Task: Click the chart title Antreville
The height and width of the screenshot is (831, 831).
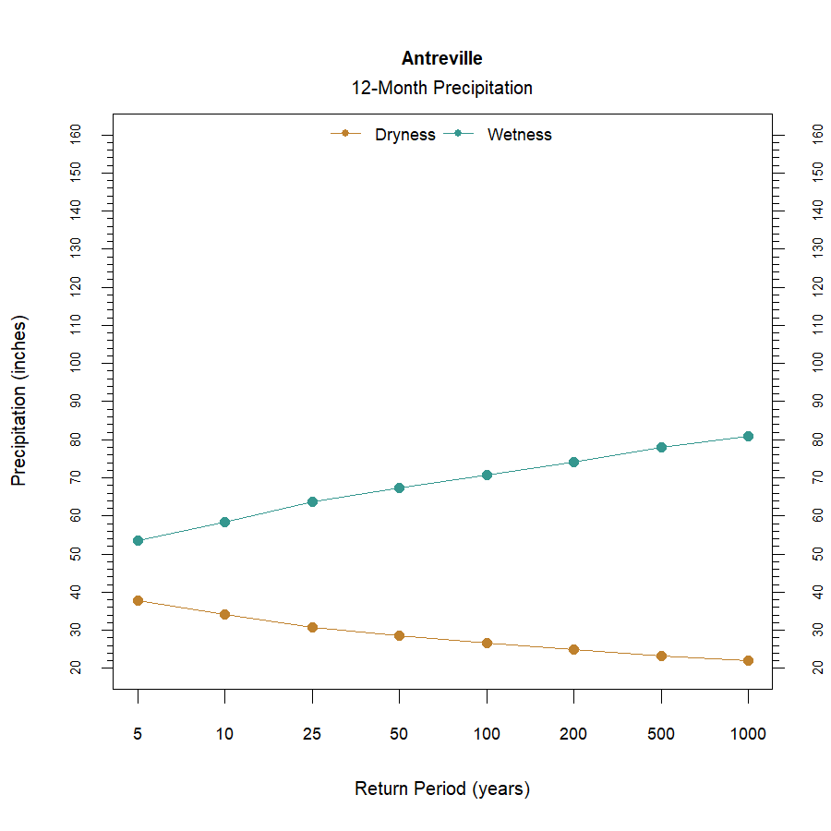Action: (441, 58)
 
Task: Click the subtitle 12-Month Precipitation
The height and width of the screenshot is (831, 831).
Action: (441, 89)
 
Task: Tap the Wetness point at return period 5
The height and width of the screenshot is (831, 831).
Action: (138, 540)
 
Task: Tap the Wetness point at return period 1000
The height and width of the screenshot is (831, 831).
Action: (748, 436)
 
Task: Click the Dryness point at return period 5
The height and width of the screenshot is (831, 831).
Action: (138, 600)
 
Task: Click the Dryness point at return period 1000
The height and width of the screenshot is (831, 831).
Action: (748, 660)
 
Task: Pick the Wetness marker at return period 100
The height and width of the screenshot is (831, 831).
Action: (487, 475)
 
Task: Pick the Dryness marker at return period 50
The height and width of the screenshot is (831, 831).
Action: (399, 635)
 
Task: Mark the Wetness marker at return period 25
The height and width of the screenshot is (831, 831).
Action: (312, 501)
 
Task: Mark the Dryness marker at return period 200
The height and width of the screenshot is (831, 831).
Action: (573, 649)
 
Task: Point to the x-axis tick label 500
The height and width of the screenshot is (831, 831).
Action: (661, 735)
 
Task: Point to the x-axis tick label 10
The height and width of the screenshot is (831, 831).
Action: (224, 735)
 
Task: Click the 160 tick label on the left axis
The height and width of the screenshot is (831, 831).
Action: (77, 135)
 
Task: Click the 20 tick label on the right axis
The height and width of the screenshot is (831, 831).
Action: (817, 668)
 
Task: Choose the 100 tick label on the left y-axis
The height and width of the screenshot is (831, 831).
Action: (77, 363)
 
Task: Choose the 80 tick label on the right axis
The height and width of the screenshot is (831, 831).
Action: (817, 440)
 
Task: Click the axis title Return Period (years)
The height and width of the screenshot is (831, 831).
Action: (441, 789)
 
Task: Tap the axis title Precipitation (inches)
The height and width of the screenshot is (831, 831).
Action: (19, 401)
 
